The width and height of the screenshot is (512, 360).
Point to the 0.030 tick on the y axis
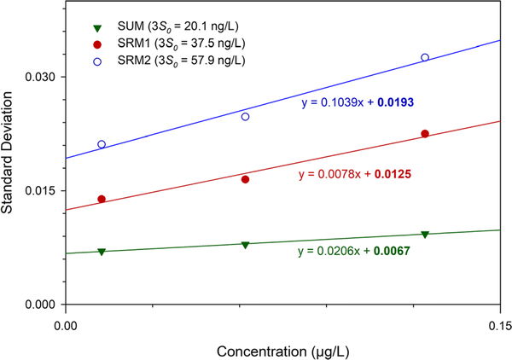[62, 77]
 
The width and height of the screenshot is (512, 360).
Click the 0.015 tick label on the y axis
[39, 190]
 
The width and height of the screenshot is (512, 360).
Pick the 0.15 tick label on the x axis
[499, 323]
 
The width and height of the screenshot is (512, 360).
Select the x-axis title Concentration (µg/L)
[282, 351]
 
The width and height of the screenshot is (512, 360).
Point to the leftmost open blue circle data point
[102, 144]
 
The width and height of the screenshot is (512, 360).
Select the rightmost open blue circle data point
[425, 58]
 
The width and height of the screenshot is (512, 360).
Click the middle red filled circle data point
[245, 179]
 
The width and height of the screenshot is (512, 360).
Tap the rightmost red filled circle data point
[425, 134]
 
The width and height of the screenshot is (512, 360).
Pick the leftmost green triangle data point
[102, 252]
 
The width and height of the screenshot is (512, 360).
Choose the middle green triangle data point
[245, 245]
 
